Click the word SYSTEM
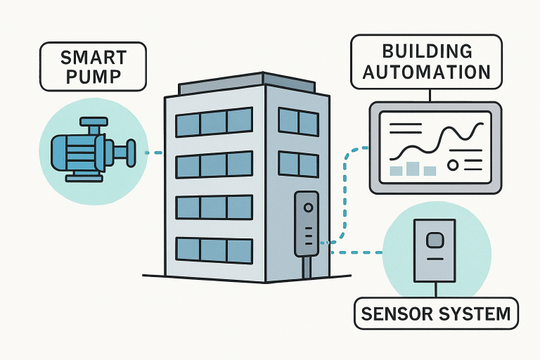click(x=475, y=314)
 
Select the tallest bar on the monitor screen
click(x=413, y=168)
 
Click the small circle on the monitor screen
click(x=452, y=165)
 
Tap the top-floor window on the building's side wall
click(x=298, y=122)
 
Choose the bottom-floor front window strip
click(x=214, y=250)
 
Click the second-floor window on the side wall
click(x=298, y=164)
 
